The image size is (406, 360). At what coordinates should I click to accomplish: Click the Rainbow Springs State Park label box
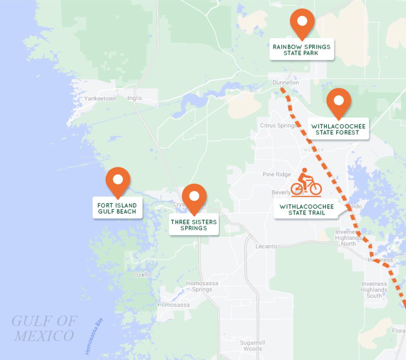tap(302, 50)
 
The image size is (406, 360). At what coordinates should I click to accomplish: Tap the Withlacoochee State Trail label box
tap(307, 210)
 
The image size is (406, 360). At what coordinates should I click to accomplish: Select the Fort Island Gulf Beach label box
tap(117, 208)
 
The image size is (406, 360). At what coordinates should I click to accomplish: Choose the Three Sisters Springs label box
tap(193, 225)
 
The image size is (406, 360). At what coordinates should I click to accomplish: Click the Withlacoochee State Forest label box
tap(338, 129)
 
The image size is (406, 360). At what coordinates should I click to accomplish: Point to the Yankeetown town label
tap(100, 99)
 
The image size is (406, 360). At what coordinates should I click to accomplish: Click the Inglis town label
tap(135, 98)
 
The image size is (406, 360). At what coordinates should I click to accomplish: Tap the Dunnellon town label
tap(285, 83)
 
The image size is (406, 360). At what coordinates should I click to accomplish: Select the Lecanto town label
tap(266, 247)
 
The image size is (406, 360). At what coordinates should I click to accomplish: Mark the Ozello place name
tap(143, 275)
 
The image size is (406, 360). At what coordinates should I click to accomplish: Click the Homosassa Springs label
tap(199, 286)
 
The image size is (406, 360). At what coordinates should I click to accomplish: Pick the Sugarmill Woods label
tap(253, 346)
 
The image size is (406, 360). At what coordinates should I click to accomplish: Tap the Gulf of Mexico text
tap(44, 328)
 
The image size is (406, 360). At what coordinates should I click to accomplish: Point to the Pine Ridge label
tap(277, 175)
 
